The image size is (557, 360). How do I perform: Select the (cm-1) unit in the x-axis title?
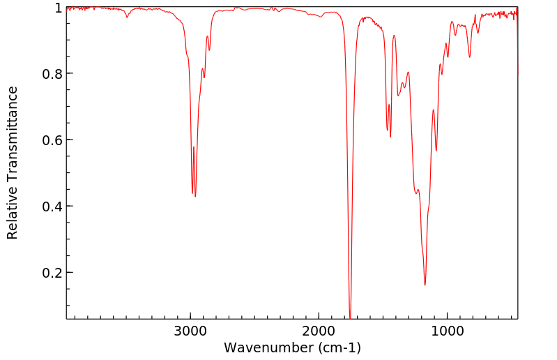[x=338, y=347]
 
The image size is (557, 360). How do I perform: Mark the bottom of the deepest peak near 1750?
[x=350, y=317]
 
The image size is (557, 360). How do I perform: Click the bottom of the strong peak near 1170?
[x=425, y=285]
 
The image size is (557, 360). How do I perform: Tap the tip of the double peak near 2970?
[x=195, y=196]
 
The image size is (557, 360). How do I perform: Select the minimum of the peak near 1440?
[x=390, y=137]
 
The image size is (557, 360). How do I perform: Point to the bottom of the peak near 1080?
[x=436, y=151]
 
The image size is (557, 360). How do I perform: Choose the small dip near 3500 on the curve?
[x=127, y=17]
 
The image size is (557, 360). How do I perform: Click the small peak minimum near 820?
[x=469, y=57]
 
